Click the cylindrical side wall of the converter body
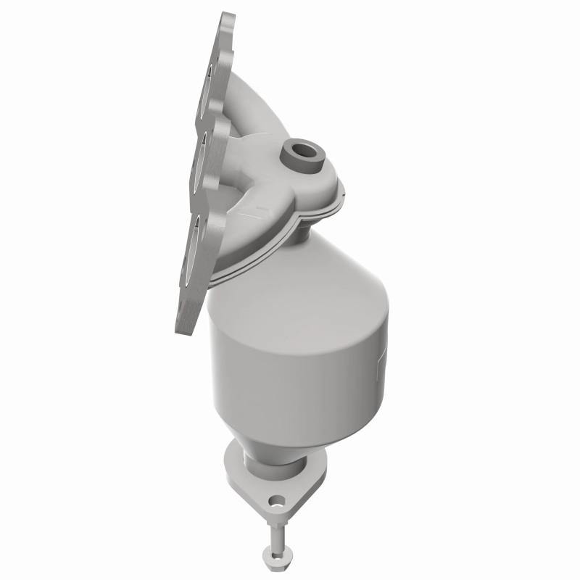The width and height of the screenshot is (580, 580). point(290,362)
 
